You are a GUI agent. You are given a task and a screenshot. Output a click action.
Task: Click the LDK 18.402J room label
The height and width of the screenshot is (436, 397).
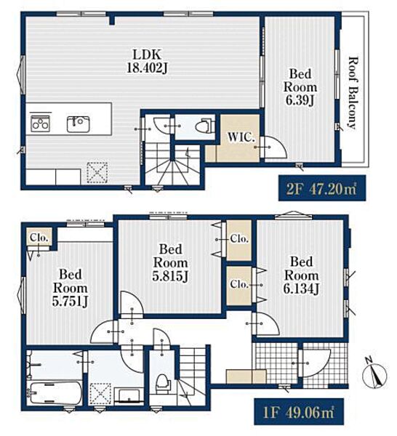pyautogui.click(x=147, y=61)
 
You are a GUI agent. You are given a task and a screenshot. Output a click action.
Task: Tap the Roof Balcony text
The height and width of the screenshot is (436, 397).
pyautogui.click(x=353, y=93)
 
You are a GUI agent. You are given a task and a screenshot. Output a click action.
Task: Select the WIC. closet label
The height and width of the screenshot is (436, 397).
pyautogui.click(x=241, y=137)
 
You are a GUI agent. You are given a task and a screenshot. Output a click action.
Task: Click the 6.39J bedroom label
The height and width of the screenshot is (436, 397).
pyautogui.click(x=300, y=87)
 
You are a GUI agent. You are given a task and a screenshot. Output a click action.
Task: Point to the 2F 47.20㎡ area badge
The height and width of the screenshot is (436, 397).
pyautogui.click(x=322, y=188)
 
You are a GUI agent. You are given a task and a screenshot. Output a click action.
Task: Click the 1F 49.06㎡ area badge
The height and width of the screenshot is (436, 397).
pyautogui.click(x=299, y=412)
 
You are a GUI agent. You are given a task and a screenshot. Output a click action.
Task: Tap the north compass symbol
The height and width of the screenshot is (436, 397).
pyautogui.click(x=374, y=376)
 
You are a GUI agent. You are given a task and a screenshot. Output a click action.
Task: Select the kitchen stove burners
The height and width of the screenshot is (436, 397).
pyautogui.click(x=40, y=124)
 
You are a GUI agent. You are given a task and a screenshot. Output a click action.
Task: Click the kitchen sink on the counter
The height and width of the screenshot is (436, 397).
pyautogui.click(x=79, y=124)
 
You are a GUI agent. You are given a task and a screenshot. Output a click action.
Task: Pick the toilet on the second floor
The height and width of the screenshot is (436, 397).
pyautogui.click(x=204, y=126)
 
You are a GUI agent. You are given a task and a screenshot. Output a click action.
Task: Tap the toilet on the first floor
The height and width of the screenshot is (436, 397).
pyautogui.click(x=163, y=384)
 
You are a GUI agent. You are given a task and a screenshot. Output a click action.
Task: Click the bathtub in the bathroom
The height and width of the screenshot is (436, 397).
pyautogui.click(x=55, y=392)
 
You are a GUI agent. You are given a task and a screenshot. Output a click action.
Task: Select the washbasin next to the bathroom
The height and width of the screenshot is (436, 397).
pyautogui.click(x=129, y=396)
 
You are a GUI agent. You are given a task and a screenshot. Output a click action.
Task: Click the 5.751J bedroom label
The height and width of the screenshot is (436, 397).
pyautogui.click(x=70, y=288)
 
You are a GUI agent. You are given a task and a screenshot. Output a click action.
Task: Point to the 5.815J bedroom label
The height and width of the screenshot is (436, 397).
pyautogui.click(x=170, y=263)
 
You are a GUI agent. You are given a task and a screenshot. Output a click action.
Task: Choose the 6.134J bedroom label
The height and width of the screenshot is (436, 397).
pyautogui.click(x=301, y=275)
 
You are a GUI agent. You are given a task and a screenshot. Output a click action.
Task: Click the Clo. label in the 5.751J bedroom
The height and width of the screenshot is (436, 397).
pyautogui.click(x=39, y=238)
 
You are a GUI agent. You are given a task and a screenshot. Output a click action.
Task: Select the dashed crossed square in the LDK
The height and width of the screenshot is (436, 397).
pyautogui.click(x=97, y=173)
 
